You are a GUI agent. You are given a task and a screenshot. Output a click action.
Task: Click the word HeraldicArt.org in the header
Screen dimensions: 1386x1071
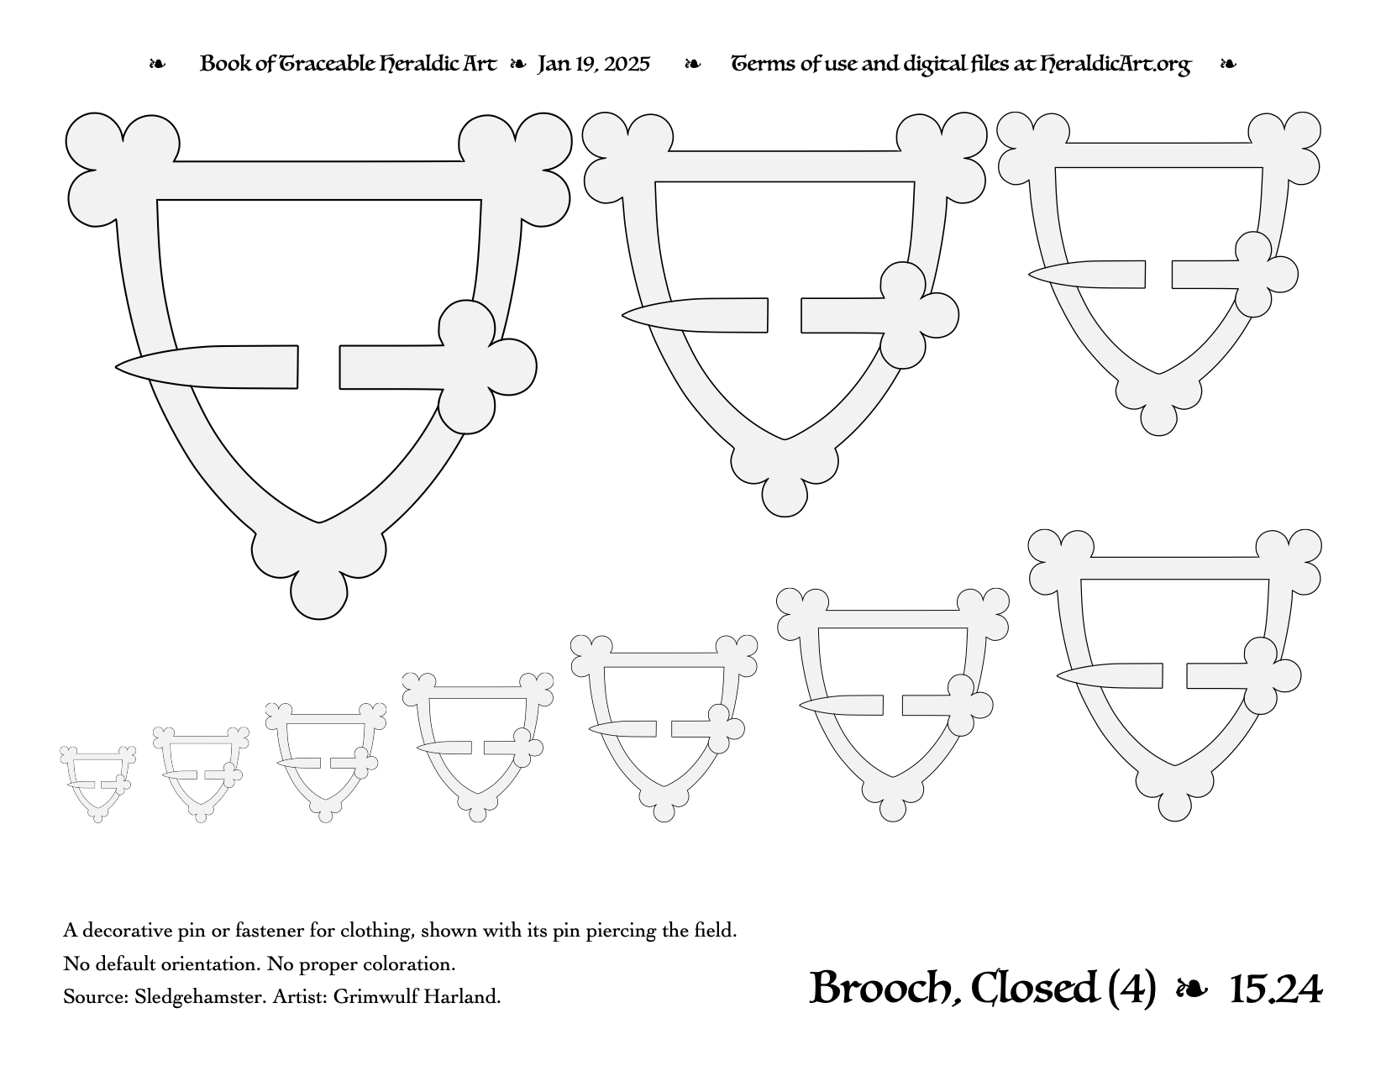[1116, 65]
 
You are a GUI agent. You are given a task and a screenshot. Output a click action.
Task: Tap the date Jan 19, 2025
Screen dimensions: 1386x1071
[594, 64]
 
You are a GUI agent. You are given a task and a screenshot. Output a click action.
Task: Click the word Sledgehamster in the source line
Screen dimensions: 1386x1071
[200, 997]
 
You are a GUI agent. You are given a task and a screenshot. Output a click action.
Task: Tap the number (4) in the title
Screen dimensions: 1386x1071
[1132, 989]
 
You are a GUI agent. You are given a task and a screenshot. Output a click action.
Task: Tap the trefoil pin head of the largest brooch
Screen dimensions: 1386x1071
[480, 367]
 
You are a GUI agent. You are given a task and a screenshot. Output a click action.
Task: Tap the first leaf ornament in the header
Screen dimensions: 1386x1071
[157, 64]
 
